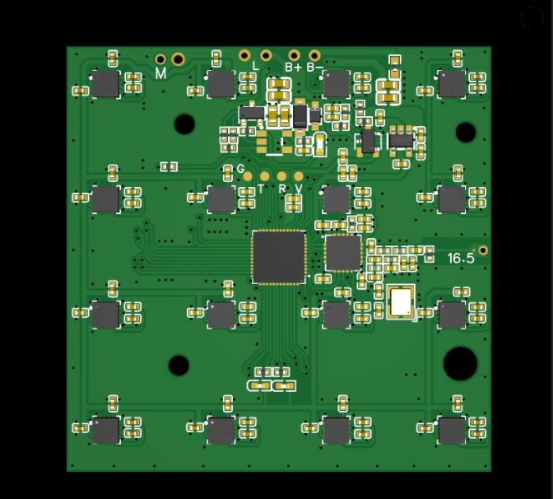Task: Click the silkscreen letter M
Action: click(160, 73)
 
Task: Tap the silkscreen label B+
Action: click(294, 67)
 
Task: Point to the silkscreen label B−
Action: click(315, 67)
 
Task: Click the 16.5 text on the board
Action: click(461, 259)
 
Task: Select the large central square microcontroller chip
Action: click(279, 257)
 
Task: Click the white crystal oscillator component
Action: click(401, 302)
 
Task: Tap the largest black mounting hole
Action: click(460, 363)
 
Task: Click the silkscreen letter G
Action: click(240, 169)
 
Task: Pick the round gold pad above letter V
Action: click(299, 176)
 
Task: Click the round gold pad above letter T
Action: click(264, 176)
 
